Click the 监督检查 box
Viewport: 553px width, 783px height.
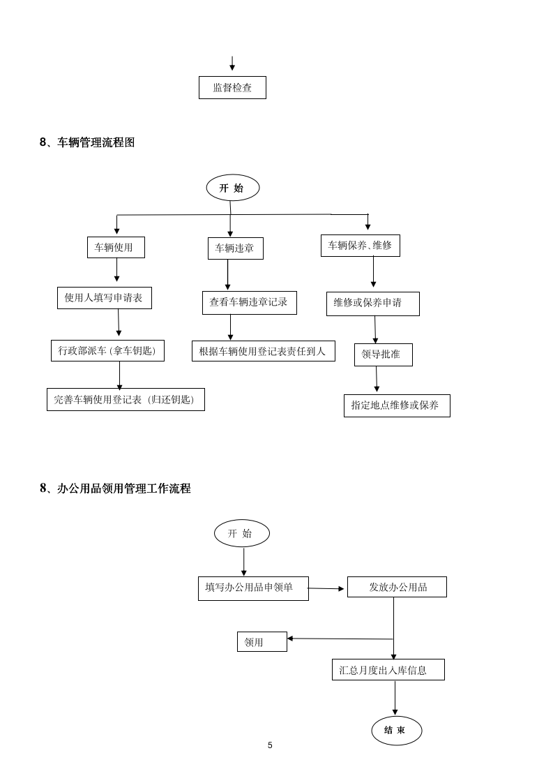pos(232,88)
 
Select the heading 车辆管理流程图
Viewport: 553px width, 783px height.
pos(87,142)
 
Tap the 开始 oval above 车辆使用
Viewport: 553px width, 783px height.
pos(232,188)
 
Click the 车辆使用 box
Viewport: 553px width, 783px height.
pos(116,247)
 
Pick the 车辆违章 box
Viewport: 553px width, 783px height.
pos(235,248)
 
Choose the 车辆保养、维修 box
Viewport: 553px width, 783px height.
pos(360,246)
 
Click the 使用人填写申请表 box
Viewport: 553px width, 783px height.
pos(104,298)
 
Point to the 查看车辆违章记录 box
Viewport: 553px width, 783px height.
pos(249,303)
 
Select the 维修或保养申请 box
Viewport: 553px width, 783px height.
pos(372,304)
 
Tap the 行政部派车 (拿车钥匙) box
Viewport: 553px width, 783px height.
pos(107,350)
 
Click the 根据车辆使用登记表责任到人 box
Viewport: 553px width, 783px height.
pos(263,351)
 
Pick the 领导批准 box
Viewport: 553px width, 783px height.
pos(383,355)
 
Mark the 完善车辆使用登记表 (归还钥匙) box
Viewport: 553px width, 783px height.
pos(126,400)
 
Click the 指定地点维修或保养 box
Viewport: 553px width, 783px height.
pos(396,405)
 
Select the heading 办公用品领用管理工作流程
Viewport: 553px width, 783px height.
pos(115,489)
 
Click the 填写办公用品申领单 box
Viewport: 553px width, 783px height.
pos(253,588)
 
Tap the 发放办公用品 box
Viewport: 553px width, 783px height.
pos(397,587)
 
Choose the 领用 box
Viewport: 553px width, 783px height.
pos(262,642)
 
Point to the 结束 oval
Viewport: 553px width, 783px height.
pos(396,731)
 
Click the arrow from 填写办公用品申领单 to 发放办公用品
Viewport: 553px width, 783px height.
pos(326,588)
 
